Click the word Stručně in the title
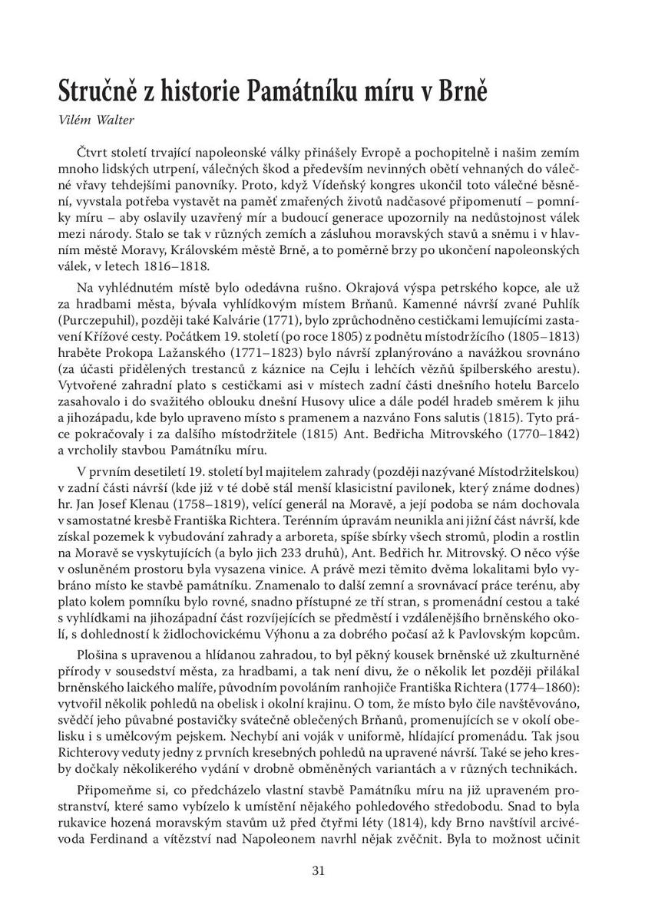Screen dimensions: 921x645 tap(104, 92)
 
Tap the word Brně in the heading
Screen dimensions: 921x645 tap(462, 92)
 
